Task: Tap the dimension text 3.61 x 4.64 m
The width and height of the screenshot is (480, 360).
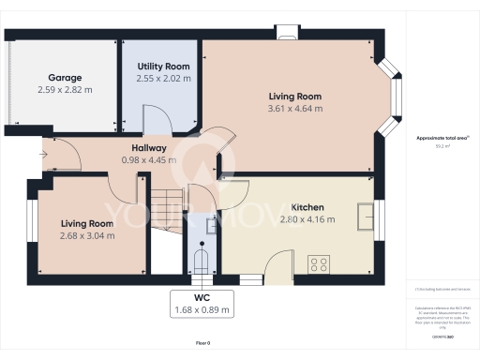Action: tap(295, 108)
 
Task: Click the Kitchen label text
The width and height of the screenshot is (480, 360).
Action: tap(307, 207)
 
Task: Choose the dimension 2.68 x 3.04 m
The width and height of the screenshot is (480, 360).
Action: tap(88, 235)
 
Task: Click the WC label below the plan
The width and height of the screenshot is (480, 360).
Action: tap(202, 296)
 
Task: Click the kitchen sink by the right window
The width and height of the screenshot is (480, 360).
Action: tap(365, 215)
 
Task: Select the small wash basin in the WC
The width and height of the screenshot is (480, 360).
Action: tap(212, 225)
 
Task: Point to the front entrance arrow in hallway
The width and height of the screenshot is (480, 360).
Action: tap(43, 153)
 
